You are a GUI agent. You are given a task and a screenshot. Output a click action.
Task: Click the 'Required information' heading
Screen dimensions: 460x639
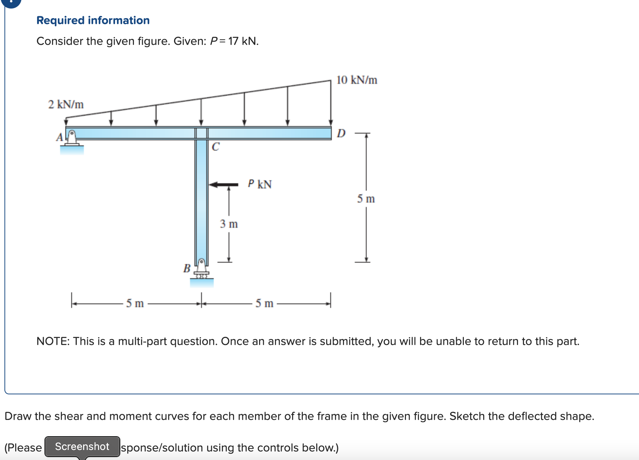coord(93,20)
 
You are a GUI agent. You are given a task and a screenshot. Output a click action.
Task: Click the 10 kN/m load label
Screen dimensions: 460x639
coord(357,80)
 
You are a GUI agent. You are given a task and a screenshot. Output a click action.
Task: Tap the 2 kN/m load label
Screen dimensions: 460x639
coord(66,105)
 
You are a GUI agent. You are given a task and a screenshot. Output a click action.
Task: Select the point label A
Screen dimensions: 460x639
coord(59,138)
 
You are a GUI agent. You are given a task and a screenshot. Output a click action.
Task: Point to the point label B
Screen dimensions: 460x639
coord(187,268)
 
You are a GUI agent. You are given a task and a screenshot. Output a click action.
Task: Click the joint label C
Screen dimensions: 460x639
coord(215,147)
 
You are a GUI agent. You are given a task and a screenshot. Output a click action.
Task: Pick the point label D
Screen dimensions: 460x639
coord(341,134)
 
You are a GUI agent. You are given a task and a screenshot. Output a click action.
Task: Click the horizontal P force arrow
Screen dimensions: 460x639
coord(224,184)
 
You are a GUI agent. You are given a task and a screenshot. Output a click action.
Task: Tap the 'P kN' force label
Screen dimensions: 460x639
coord(260,184)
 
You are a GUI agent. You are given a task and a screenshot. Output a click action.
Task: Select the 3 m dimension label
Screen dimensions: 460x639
coord(229,224)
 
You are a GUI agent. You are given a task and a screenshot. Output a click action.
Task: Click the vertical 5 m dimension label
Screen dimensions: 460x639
coord(366,199)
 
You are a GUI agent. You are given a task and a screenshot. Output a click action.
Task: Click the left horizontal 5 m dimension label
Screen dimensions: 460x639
coord(135,303)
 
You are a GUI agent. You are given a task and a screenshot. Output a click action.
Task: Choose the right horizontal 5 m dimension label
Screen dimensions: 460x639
coord(264,303)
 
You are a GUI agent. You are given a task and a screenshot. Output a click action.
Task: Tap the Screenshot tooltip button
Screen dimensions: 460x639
coord(82,447)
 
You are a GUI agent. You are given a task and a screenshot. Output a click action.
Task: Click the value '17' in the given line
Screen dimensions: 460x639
coord(233,41)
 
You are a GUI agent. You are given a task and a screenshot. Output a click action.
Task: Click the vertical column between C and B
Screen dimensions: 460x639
coord(201,200)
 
